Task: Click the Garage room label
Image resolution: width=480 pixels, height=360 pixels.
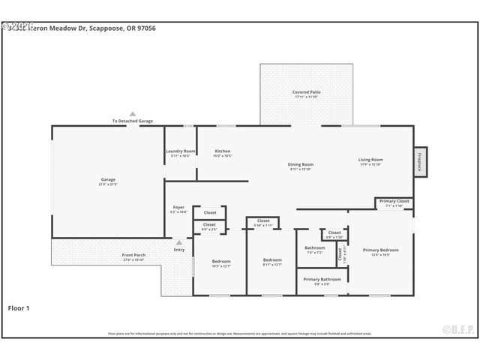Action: click(x=109, y=180)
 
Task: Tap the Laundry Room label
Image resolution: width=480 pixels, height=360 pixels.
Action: click(x=180, y=152)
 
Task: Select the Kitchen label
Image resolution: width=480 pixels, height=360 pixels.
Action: click(x=223, y=151)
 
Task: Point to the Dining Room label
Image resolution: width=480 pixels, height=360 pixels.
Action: click(x=301, y=165)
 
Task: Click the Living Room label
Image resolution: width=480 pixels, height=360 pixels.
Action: click(x=370, y=160)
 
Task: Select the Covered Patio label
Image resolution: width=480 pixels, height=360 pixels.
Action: click(x=306, y=93)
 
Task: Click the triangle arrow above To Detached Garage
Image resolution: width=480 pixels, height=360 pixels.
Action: click(x=133, y=113)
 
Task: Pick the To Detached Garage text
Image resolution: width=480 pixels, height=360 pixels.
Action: click(x=133, y=121)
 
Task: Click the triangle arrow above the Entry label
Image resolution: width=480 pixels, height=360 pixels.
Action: click(x=178, y=242)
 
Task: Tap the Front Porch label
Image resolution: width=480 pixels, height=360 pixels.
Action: click(x=133, y=256)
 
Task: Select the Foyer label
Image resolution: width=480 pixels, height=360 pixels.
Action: click(x=178, y=208)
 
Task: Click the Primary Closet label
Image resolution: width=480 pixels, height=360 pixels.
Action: click(x=394, y=202)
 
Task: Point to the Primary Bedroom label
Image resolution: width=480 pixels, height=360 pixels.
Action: click(x=380, y=250)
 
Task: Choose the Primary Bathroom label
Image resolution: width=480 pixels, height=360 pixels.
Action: click(x=322, y=280)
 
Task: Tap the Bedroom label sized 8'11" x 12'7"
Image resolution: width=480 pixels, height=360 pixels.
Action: click(x=271, y=260)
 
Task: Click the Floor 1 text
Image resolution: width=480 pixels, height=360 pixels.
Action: click(x=19, y=307)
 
